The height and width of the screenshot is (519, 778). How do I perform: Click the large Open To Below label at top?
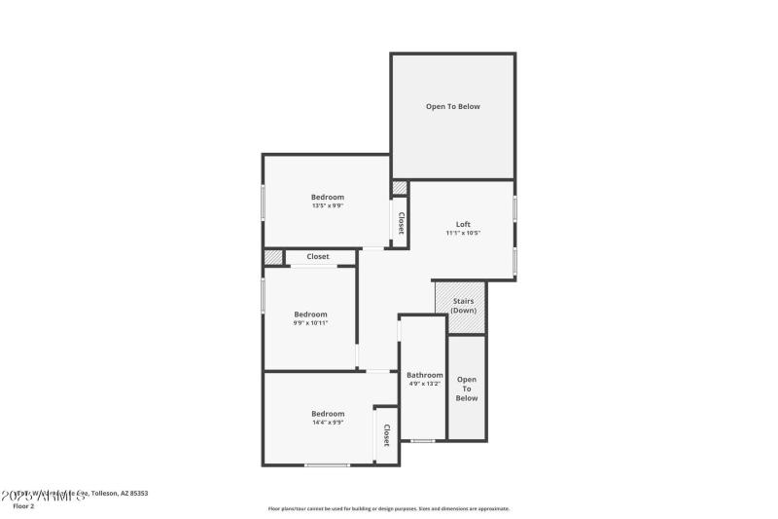coord(452,106)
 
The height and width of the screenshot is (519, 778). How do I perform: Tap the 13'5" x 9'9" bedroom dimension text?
coord(327,205)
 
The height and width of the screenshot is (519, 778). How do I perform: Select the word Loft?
coord(463,224)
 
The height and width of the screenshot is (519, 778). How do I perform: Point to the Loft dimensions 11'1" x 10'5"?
coord(463,233)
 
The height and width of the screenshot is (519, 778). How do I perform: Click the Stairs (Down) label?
coord(463,306)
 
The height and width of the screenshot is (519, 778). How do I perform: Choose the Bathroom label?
coord(424,375)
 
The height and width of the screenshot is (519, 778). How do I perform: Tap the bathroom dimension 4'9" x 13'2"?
coord(424,384)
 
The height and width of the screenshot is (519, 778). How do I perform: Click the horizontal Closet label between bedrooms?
coord(318,257)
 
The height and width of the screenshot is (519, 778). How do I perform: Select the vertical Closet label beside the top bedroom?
coord(400,223)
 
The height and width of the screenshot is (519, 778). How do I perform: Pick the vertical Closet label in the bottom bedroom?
coord(386,434)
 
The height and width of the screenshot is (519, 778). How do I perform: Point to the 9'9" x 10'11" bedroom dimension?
coord(310,323)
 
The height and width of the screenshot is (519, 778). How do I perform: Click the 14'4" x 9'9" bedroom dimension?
coord(327,423)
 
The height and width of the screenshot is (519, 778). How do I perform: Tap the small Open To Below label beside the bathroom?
coord(467,388)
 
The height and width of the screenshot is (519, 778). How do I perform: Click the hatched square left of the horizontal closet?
coord(273,257)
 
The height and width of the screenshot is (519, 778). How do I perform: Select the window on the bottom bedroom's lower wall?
coord(327,465)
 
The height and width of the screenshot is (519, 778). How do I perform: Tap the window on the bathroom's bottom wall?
coord(422,441)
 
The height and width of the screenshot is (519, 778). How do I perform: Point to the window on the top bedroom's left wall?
coord(263,201)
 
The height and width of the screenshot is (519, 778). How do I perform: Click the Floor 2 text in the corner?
coord(23,506)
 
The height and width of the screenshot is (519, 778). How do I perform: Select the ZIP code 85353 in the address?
coord(137,494)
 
